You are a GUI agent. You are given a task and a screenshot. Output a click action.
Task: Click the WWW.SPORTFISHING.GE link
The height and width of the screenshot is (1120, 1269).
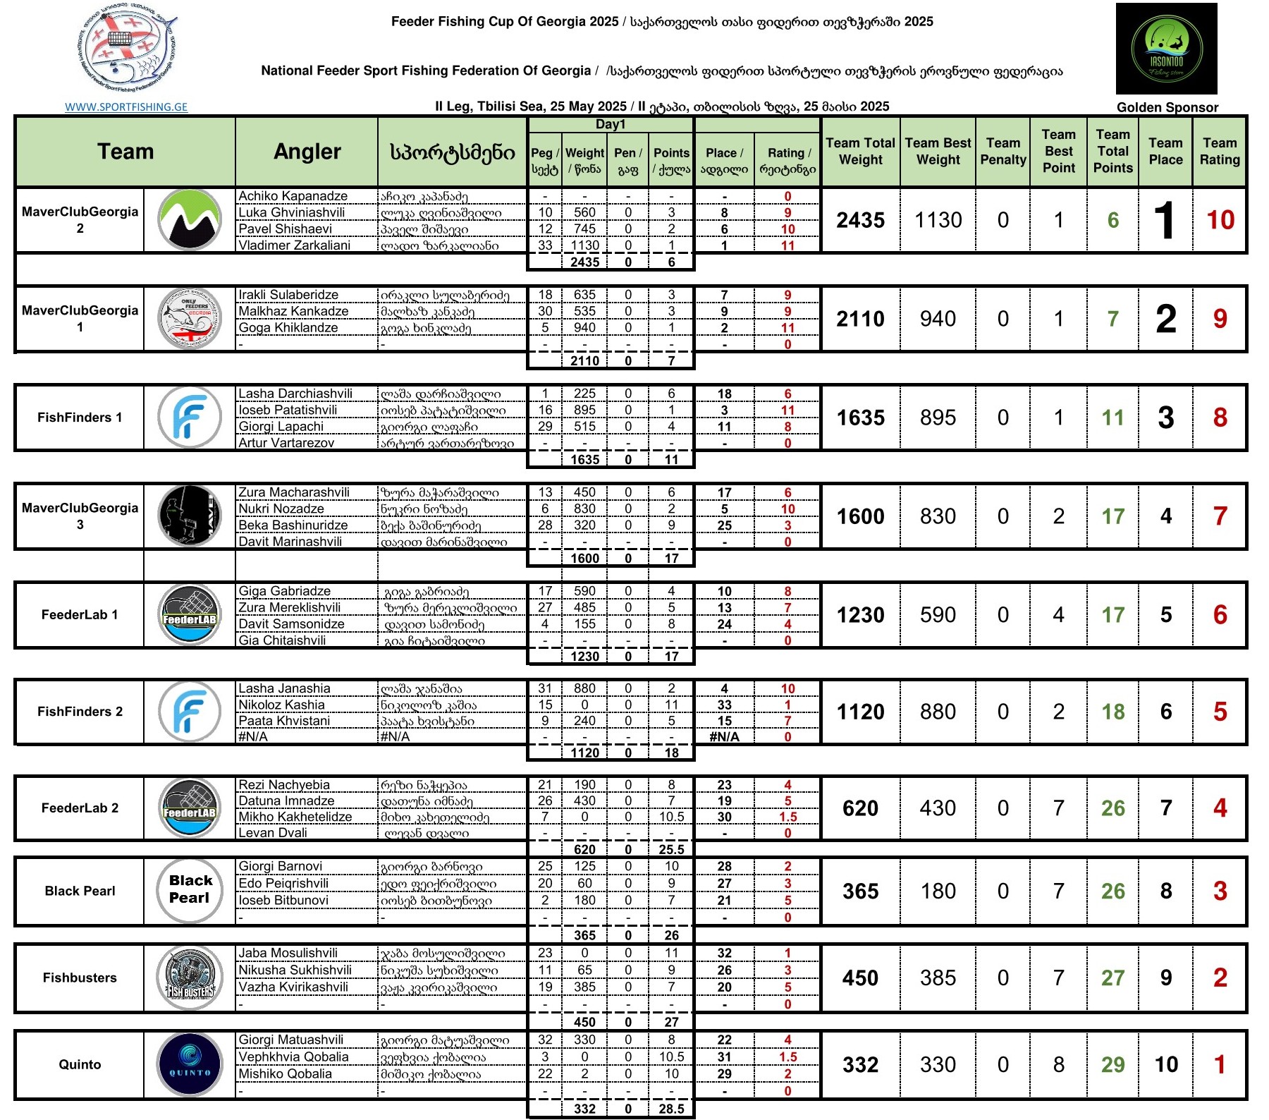coord(126,107)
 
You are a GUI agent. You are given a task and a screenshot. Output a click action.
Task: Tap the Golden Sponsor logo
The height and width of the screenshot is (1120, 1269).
coord(1166,49)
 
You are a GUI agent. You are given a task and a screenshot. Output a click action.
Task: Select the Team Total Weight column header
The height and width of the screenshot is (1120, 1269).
coord(860,152)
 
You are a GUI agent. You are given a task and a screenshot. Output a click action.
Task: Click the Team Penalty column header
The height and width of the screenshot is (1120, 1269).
coord(1003,152)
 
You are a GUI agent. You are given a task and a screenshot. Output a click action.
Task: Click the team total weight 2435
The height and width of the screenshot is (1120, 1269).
coord(860,221)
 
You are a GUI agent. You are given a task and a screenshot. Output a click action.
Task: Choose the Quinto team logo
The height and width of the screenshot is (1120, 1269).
coord(190,1064)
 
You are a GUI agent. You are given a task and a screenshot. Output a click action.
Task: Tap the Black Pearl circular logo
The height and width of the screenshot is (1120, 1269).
coord(190,890)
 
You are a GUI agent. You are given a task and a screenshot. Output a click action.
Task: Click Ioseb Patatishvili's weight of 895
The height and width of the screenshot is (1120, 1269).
coord(584,410)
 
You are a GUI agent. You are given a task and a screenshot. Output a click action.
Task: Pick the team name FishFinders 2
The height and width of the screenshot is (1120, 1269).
coord(80,712)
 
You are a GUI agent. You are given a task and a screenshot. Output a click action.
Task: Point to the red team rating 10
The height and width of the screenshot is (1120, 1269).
coord(1220,221)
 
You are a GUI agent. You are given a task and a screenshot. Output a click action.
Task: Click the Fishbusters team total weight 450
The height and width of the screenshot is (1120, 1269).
coord(860,978)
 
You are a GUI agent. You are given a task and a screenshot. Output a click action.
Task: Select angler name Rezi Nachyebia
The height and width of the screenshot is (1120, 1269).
coord(283,785)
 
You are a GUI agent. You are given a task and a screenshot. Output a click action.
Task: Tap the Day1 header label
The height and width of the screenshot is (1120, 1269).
coord(611,125)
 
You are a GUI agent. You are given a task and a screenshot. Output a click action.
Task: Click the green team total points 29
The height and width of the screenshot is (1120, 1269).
coord(1112,1065)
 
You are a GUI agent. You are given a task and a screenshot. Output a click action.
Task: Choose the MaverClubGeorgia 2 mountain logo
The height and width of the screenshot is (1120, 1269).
coord(190,220)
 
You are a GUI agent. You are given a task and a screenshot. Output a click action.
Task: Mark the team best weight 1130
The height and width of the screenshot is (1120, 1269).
coord(938,221)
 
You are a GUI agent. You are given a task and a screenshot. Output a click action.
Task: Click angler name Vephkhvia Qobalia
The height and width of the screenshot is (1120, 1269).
coord(293,1057)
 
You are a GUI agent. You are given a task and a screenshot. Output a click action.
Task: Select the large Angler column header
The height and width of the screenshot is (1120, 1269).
coord(307,152)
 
